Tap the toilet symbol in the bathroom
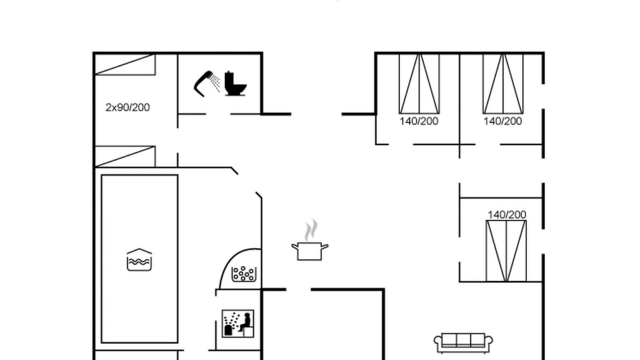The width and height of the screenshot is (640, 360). (x=235, y=83)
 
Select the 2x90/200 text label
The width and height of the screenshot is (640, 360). (x=127, y=107)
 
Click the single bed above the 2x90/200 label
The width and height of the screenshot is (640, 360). (x=125, y=64)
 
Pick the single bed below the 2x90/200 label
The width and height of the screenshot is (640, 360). (x=125, y=156)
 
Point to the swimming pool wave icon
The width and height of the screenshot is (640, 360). (x=139, y=259)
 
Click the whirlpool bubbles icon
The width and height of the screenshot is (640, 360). (x=243, y=274)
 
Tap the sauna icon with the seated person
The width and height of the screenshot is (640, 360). (x=238, y=323)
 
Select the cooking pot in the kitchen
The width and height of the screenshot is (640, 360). (x=309, y=251)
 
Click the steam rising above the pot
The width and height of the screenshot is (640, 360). (x=311, y=230)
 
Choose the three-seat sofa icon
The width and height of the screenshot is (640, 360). (x=463, y=343)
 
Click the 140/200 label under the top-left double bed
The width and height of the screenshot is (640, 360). (x=419, y=121)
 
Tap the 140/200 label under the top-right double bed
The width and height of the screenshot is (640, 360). (x=503, y=121)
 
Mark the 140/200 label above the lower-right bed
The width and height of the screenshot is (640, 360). (x=507, y=215)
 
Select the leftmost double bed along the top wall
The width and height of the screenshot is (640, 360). (x=419, y=83)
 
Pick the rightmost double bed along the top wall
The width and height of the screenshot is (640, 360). (x=503, y=83)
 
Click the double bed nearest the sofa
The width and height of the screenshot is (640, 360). (x=506, y=251)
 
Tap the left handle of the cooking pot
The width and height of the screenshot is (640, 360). (x=295, y=247)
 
